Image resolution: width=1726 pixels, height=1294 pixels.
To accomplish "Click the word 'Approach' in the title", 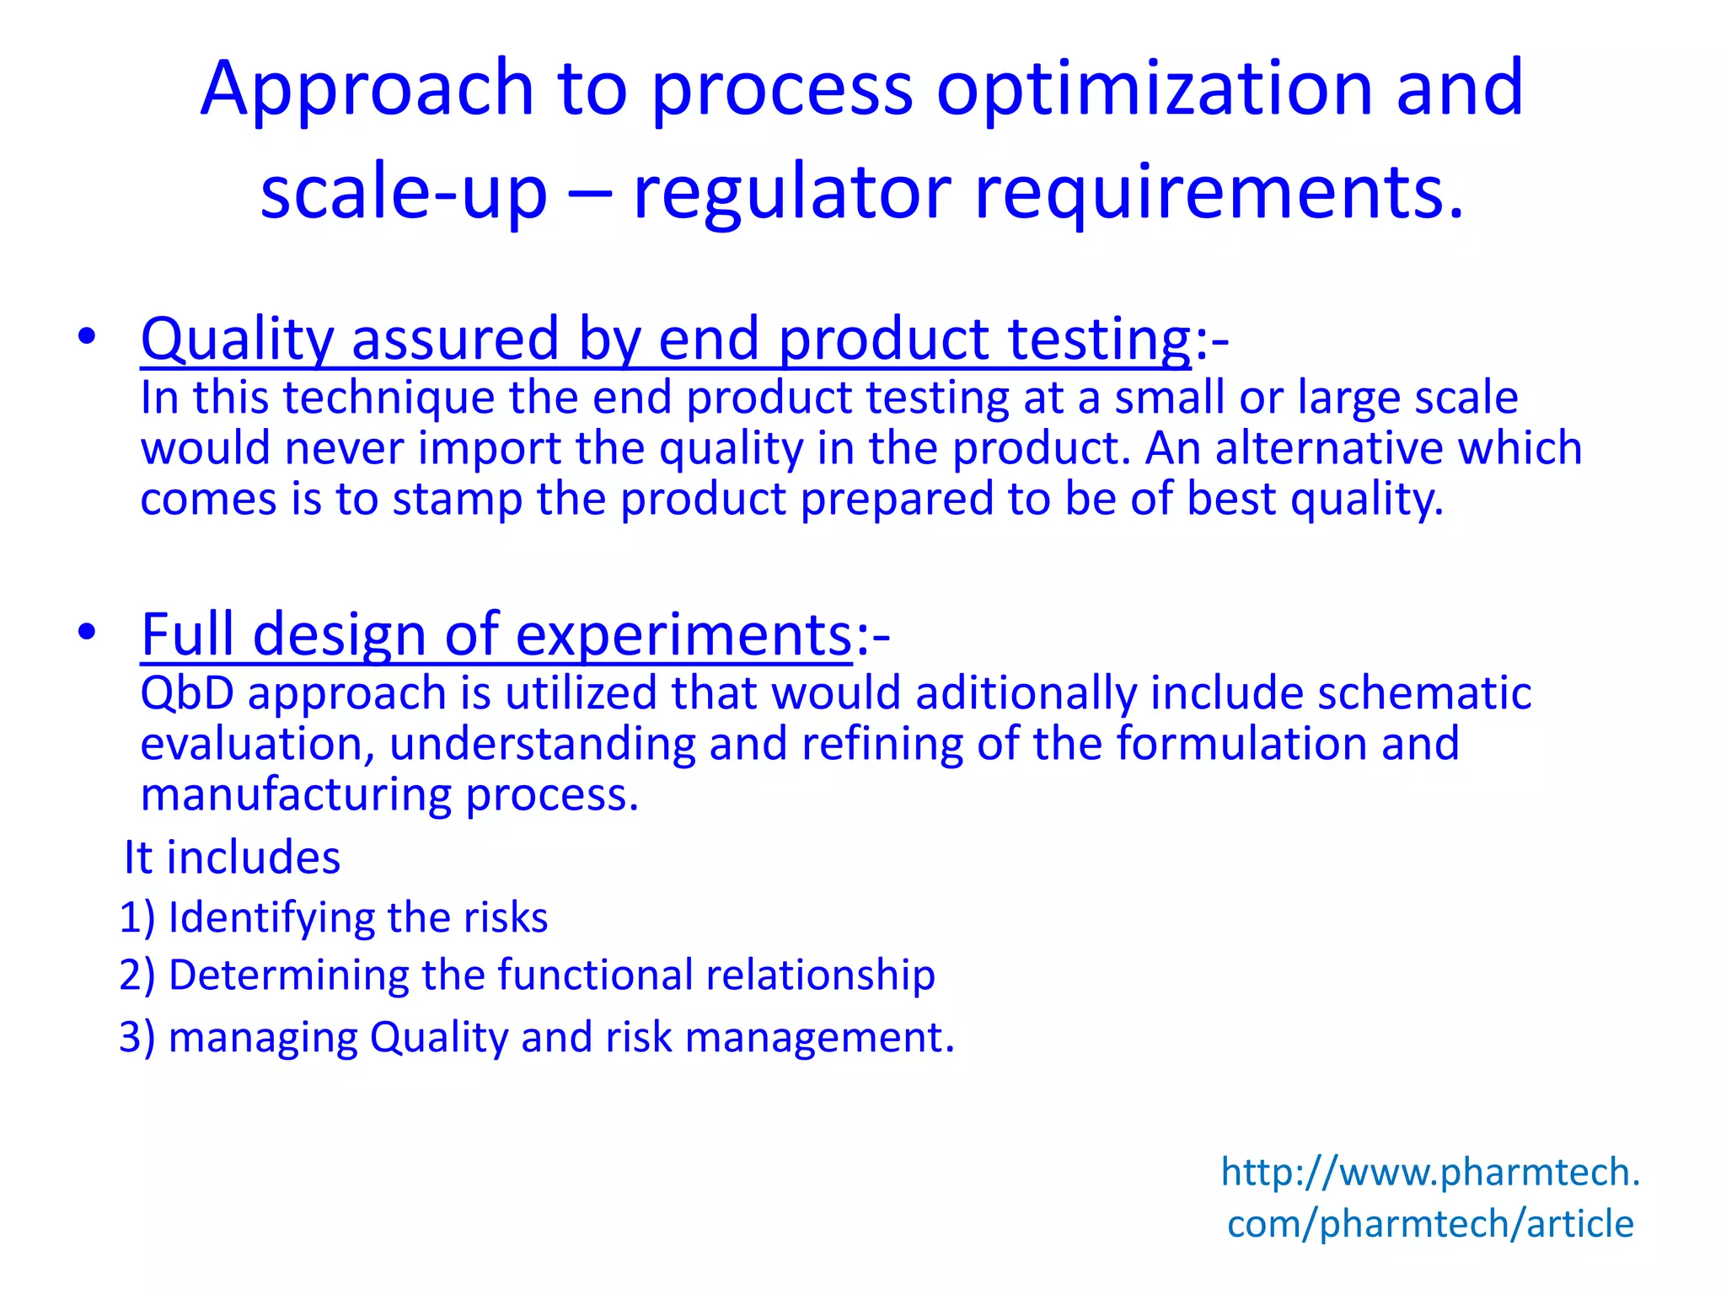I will (367, 88).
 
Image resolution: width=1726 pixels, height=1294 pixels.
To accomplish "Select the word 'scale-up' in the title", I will (404, 192).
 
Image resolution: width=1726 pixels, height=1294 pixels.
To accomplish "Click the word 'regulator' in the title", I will (792, 192).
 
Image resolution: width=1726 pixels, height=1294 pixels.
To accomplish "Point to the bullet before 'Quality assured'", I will (86, 337).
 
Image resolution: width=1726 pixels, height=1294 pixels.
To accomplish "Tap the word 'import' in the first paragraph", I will (489, 448).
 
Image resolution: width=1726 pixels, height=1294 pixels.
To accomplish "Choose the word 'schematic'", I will (1423, 693).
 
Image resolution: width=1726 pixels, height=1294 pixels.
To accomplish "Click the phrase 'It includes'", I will (232, 858).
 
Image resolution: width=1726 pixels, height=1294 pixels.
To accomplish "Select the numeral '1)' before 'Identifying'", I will (137, 917).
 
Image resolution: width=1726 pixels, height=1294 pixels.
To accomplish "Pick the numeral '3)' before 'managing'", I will (137, 1037).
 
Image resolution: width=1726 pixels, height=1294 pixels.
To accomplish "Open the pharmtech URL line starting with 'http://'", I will (1430, 1172).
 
